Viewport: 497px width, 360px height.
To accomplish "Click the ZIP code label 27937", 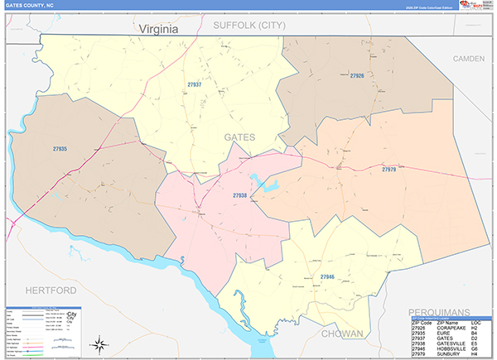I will (195, 84).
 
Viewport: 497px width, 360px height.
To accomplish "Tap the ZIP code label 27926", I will (356, 76).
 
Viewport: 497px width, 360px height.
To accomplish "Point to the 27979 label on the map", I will (389, 169).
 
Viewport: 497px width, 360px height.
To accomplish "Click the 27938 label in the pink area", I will (240, 195).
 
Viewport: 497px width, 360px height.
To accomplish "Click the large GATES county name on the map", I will (240, 137).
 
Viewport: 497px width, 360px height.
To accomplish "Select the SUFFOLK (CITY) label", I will (249, 26).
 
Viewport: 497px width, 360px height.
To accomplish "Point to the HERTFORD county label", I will (51, 291).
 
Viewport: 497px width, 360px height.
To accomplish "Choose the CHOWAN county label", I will (343, 334).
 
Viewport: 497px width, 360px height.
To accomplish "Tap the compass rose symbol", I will (99, 344).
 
